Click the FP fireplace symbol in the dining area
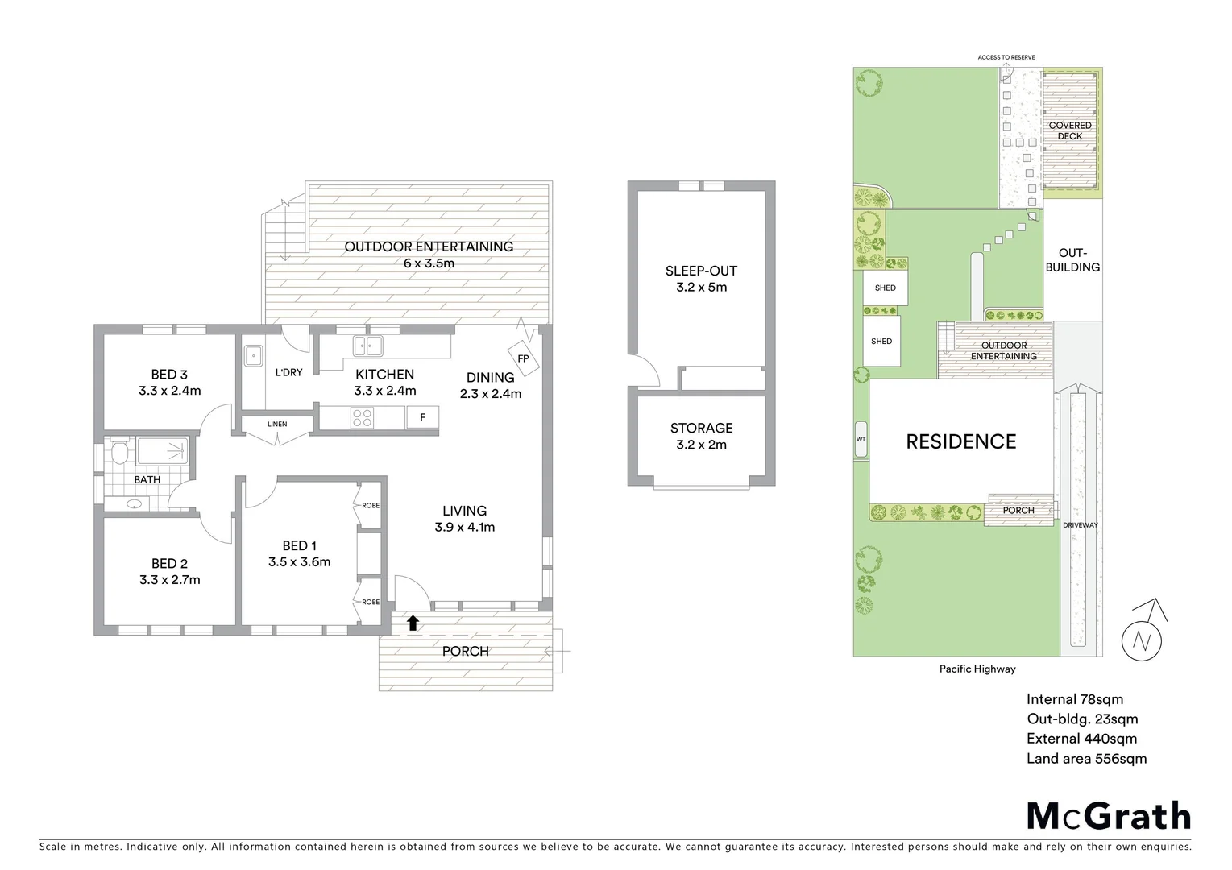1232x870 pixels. [x=523, y=358]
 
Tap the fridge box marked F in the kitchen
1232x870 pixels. [x=422, y=417]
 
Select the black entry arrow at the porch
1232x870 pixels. [x=413, y=622]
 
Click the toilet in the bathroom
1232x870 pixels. [x=119, y=452]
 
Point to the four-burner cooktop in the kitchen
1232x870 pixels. [x=363, y=418]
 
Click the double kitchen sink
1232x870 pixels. [x=367, y=346]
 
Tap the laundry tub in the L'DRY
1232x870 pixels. [x=254, y=354]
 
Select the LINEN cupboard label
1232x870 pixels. [x=276, y=424]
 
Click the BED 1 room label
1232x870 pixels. [x=299, y=545]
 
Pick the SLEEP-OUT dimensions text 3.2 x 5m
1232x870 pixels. [x=701, y=287]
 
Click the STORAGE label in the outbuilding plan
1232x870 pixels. [x=701, y=428]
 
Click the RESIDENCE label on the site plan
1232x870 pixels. [x=960, y=441]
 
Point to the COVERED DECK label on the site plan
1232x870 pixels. [x=1070, y=130]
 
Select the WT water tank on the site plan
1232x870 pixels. [x=861, y=439]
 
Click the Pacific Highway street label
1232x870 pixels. [x=977, y=669]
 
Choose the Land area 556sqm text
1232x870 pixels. [x=1086, y=758]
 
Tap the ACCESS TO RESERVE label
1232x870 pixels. [x=1006, y=57]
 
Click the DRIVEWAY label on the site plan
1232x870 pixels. [x=1080, y=525]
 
